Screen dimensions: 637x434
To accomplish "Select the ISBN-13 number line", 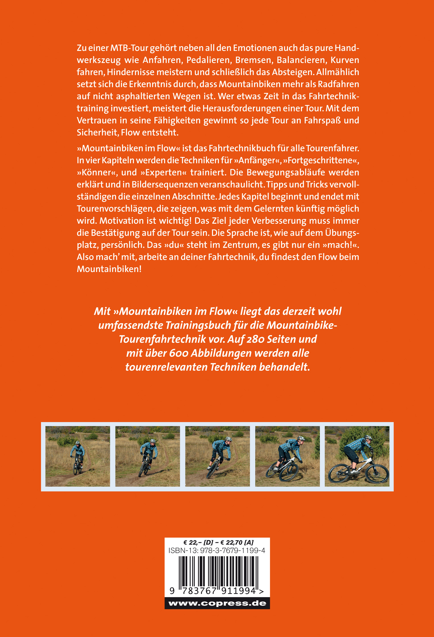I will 217,550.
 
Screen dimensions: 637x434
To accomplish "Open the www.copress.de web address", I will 217,604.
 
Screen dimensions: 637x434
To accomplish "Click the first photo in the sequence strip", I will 78,456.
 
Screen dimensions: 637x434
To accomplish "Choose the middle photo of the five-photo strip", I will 218,456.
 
